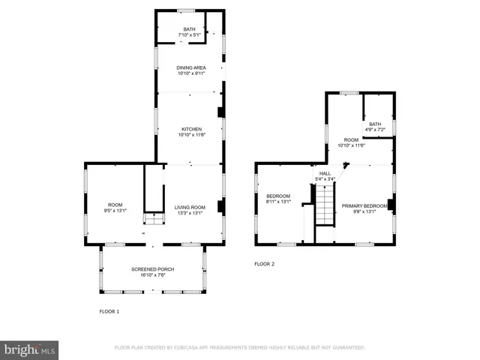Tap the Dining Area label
point(190,70)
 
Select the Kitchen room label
point(190,131)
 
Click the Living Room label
point(190,209)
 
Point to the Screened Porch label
point(152,271)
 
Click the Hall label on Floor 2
point(325,175)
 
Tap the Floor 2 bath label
point(374,127)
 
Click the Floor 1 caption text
point(109,310)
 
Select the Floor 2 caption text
point(264,264)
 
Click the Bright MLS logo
point(30,349)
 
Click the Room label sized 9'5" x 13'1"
point(115,207)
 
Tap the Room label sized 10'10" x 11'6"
point(351,142)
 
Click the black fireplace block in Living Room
point(219,206)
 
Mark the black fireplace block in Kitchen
point(219,112)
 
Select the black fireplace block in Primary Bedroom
point(391,204)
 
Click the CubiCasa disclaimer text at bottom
point(239,348)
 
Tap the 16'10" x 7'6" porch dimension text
point(152,275)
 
